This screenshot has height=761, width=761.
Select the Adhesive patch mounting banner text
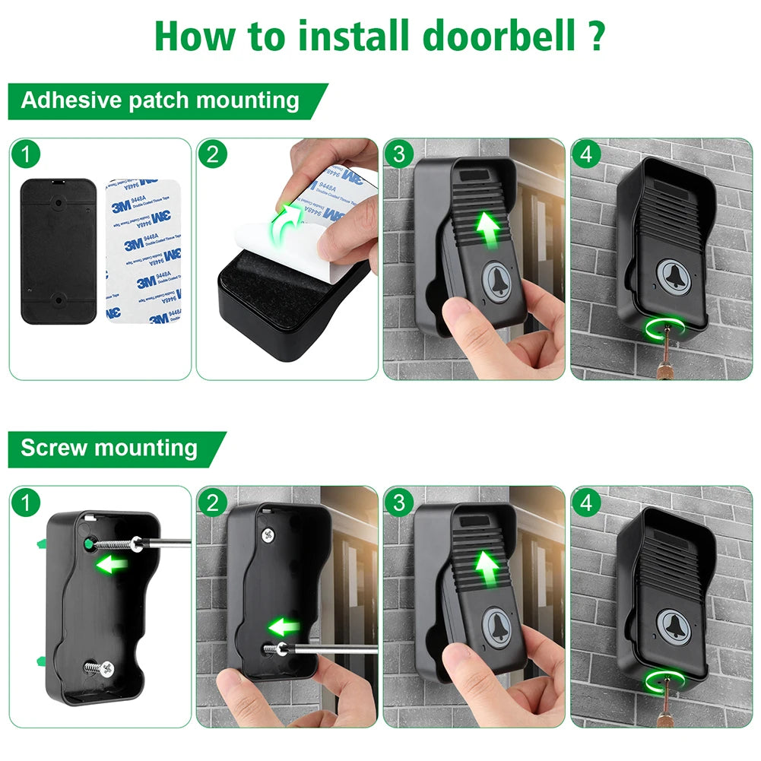click(x=160, y=100)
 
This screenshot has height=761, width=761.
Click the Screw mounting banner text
click(x=109, y=448)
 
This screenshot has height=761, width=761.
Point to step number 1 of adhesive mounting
click(x=27, y=154)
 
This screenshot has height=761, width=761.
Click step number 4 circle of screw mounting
click(x=587, y=503)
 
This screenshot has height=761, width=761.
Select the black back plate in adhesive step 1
click(x=58, y=251)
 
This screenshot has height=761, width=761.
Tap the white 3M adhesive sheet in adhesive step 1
click(x=144, y=251)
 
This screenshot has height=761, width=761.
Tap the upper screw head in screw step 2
click(x=266, y=534)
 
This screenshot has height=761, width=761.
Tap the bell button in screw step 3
click(x=498, y=625)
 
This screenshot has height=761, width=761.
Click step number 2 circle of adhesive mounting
click(x=212, y=154)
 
